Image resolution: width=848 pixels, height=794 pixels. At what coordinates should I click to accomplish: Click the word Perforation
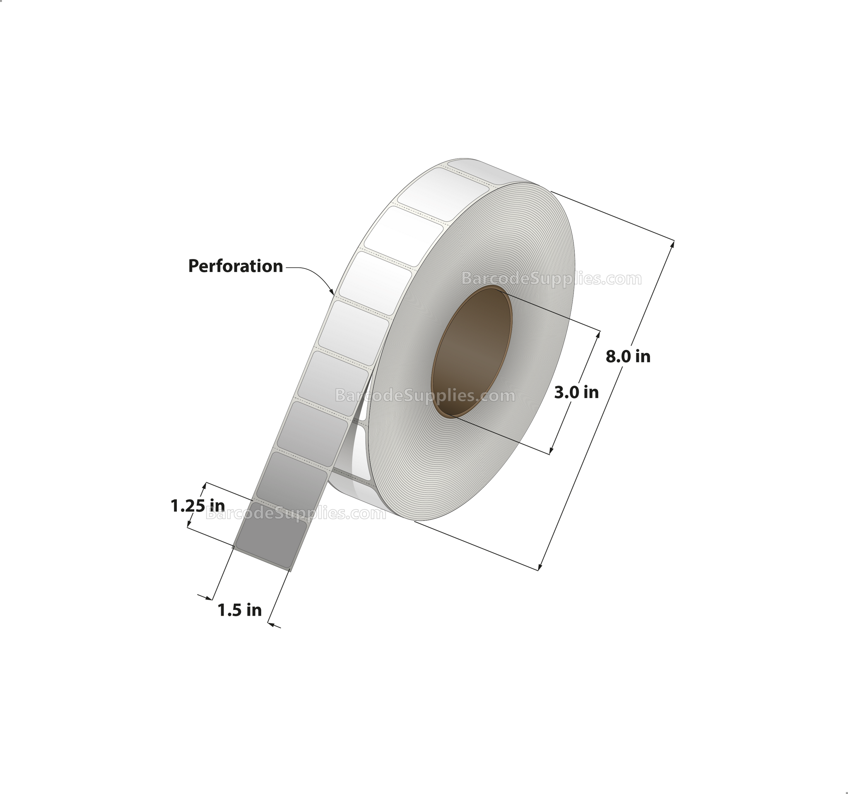236,266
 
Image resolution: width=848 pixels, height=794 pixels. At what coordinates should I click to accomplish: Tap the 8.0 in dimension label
627,356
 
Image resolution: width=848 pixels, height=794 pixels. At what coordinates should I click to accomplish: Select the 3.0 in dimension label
576,392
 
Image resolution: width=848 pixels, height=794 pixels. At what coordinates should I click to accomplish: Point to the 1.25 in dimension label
198,506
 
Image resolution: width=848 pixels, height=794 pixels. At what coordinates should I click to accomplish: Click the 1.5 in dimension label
239,610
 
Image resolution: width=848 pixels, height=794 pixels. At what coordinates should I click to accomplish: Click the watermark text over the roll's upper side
551,279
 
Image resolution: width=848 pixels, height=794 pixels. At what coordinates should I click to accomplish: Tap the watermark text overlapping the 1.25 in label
296,513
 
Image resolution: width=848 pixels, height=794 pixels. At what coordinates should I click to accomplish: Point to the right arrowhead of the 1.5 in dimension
270,624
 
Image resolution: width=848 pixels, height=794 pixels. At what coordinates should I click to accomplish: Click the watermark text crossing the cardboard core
425,396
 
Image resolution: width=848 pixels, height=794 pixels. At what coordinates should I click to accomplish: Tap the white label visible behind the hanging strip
362,452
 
